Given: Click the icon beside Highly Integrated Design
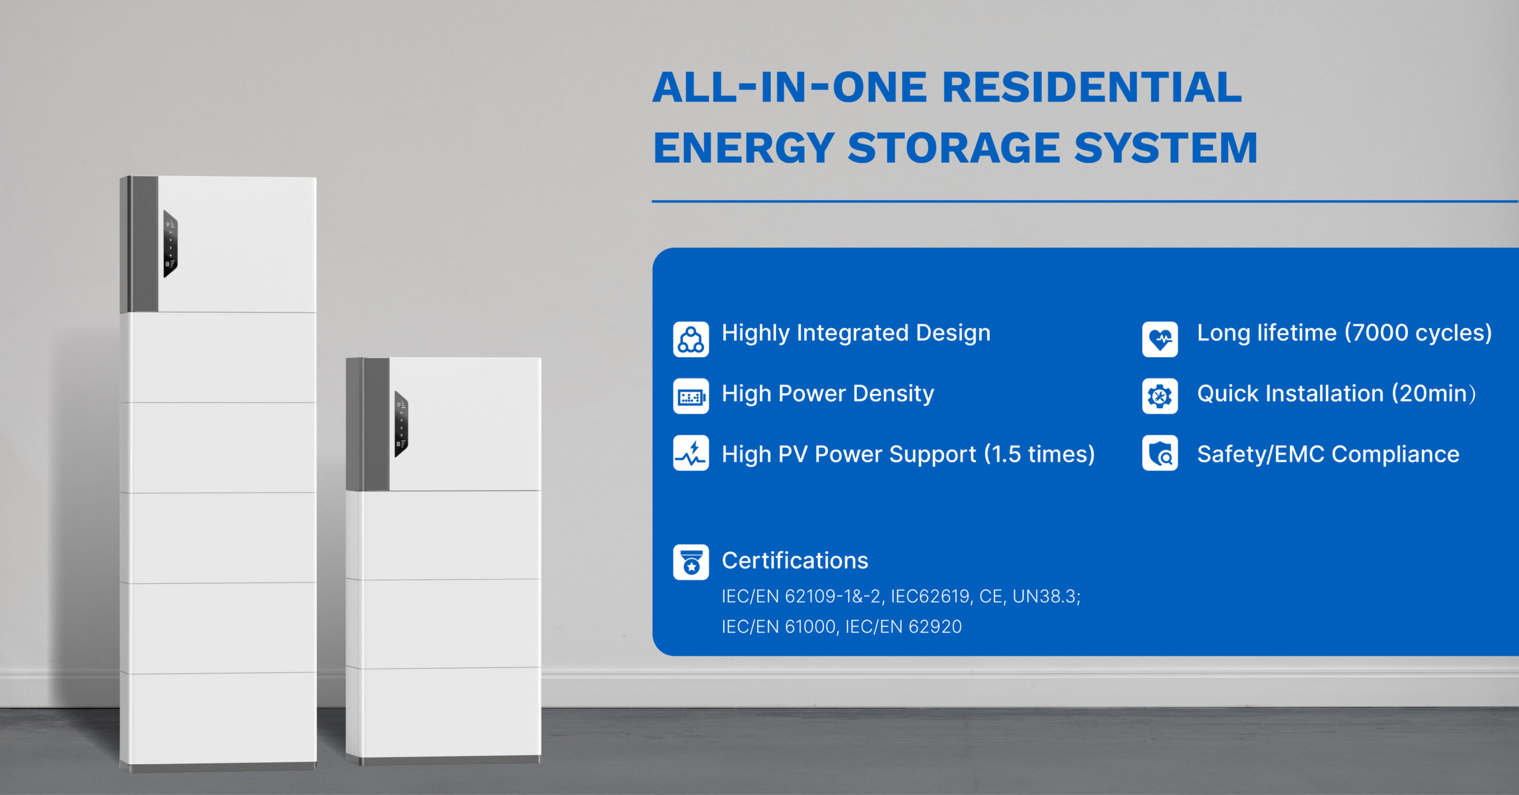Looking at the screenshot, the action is click(691, 339).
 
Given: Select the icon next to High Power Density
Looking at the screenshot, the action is click(691, 396).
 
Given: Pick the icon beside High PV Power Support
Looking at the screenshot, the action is click(691, 453).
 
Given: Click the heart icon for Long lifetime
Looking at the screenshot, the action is click(1160, 339).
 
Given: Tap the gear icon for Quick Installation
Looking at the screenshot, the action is click(1160, 396).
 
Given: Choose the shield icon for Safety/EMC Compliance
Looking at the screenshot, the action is click(1160, 453).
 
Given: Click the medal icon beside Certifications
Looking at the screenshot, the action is click(691, 562).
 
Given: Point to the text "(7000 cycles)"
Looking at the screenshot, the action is click(1418, 333).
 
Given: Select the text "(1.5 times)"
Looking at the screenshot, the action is click(1040, 454).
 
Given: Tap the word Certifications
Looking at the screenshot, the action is click(795, 561).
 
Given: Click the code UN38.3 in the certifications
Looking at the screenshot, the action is click(1047, 596).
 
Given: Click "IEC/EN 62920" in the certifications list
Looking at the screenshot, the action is click(904, 627).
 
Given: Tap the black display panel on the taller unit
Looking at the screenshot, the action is click(170, 244).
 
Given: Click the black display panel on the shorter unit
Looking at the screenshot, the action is click(402, 424).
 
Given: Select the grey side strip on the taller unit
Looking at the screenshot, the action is click(139, 244).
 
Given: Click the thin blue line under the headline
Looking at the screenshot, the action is click(1085, 202).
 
